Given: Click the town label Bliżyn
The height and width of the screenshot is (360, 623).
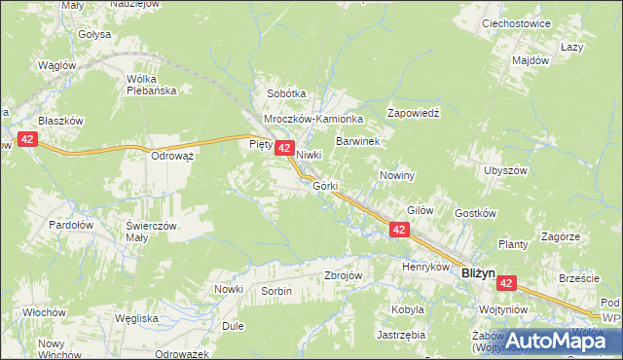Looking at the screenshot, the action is click(x=479, y=275).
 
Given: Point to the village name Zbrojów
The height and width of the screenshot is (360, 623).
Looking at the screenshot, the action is click(x=343, y=275).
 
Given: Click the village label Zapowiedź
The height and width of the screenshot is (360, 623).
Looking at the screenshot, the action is click(x=415, y=113).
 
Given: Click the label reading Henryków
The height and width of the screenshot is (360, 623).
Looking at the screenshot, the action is click(x=424, y=266).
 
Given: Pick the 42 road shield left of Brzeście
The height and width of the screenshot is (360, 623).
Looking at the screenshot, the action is click(x=506, y=282).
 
